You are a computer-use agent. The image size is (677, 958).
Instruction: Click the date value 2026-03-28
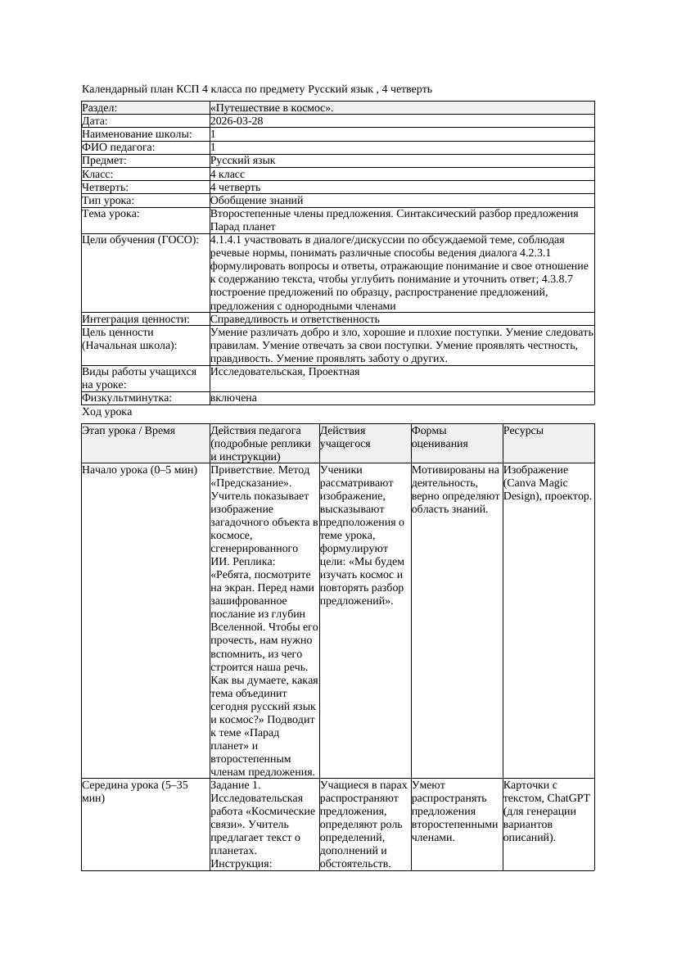pos(237,121)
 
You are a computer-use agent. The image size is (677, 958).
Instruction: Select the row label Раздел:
pos(100,108)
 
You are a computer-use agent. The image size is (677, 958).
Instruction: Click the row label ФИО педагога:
pos(119,147)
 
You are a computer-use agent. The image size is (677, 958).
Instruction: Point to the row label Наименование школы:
pos(137,134)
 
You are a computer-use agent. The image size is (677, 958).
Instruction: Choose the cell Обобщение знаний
pos(256,200)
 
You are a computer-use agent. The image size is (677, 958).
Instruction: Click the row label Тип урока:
pos(108,200)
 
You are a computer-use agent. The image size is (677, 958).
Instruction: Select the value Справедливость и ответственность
pos(295,319)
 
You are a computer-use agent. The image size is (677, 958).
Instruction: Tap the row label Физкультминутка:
pos(127,398)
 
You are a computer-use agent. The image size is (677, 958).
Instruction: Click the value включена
pos(233,398)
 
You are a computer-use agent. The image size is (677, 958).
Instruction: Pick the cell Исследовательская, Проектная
pos(285,372)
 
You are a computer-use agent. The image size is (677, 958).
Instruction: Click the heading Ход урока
pos(107,413)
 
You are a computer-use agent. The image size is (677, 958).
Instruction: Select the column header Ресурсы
pos(523,431)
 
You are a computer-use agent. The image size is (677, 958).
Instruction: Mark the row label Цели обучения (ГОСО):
pos(140,240)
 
